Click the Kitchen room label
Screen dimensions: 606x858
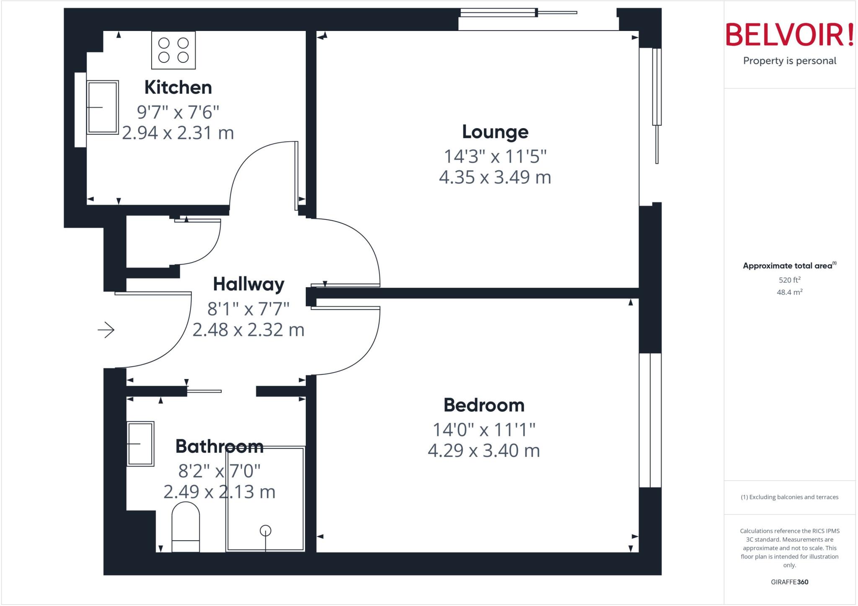pyautogui.click(x=178, y=88)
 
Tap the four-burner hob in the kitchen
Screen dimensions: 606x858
pyautogui.click(x=173, y=50)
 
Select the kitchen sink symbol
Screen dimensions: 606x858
pyautogui.click(x=103, y=108)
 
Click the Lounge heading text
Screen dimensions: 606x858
pyautogui.click(x=495, y=132)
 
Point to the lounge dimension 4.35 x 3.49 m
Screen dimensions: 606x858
pyautogui.click(x=495, y=177)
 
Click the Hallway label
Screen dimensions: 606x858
pyautogui.click(x=248, y=284)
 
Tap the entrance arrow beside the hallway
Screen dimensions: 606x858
pyautogui.click(x=106, y=330)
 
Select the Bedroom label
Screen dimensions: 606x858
pyautogui.click(x=484, y=405)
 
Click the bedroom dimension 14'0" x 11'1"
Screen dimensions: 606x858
pyautogui.click(x=484, y=430)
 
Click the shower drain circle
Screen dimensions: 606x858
pyautogui.click(x=266, y=531)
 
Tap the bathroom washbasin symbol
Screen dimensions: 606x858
pyautogui.click(x=140, y=444)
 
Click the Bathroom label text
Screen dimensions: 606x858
pyautogui.click(x=219, y=446)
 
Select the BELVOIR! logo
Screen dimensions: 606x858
pyautogui.click(x=789, y=35)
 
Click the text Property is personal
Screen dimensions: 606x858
pyautogui.click(x=789, y=61)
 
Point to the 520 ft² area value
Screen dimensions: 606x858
pyautogui.click(x=789, y=280)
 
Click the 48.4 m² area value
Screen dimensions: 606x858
pyautogui.click(x=789, y=292)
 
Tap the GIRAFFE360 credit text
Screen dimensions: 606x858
pyautogui.click(x=789, y=582)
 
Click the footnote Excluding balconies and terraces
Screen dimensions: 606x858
pyautogui.click(x=789, y=497)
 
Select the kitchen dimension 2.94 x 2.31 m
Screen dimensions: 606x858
pyautogui.click(x=178, y=133)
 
